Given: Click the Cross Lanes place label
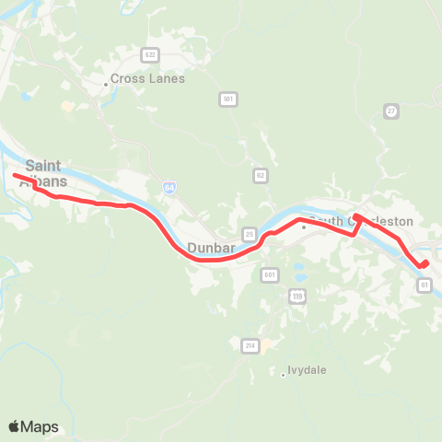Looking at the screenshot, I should tap(148, 79).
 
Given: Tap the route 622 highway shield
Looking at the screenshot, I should tap(150, 54).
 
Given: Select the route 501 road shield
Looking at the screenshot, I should tap(228, 99).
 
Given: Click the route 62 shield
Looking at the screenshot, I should tap(261, 174).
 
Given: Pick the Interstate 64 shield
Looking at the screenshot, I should tap(169, 187).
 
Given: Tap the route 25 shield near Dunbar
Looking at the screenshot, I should tap(249, 234).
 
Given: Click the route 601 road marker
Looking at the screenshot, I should tap(269, 274).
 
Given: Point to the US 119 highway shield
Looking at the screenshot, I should tap(297, 296).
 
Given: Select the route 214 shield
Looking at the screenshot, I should tap(250, 345).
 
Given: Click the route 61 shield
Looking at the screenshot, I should tap(425, 285).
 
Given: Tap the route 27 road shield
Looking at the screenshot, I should tap(391, 110).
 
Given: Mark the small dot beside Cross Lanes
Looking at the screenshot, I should tap(106, 84).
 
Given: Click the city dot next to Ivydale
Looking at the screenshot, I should tap(283, 374).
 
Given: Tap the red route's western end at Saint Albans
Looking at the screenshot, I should tap(15, 174).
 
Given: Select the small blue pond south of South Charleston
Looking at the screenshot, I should tap(299, 273).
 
